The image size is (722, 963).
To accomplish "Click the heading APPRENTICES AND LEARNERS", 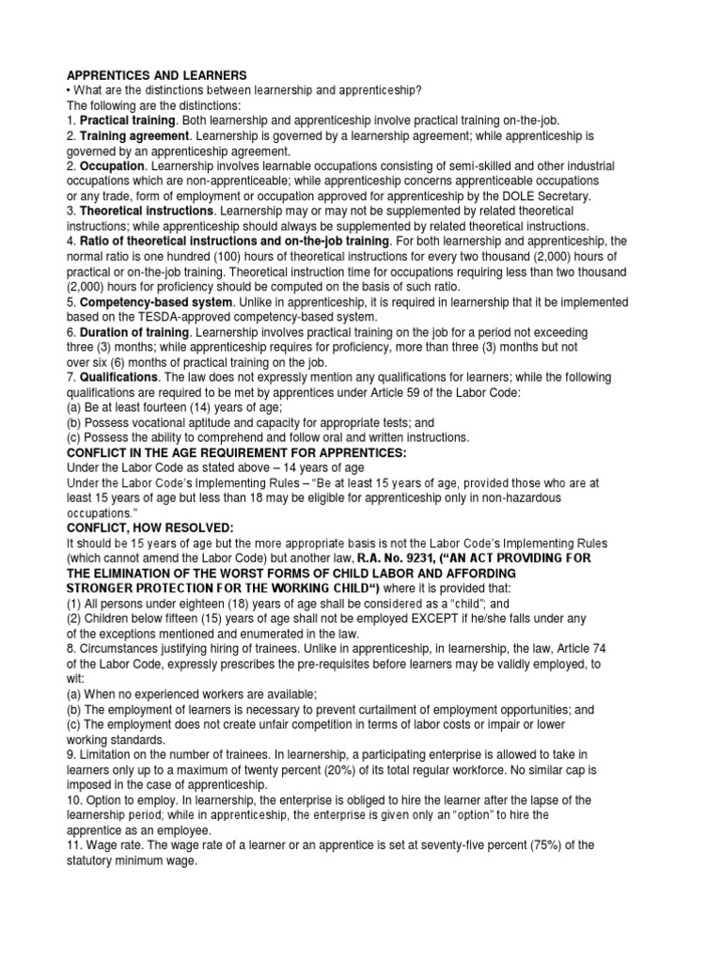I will click(x=155, y=74).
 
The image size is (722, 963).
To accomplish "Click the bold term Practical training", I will click(x=127, y=120).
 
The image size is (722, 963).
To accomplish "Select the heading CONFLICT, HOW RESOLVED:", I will click(x=149, y=528).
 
